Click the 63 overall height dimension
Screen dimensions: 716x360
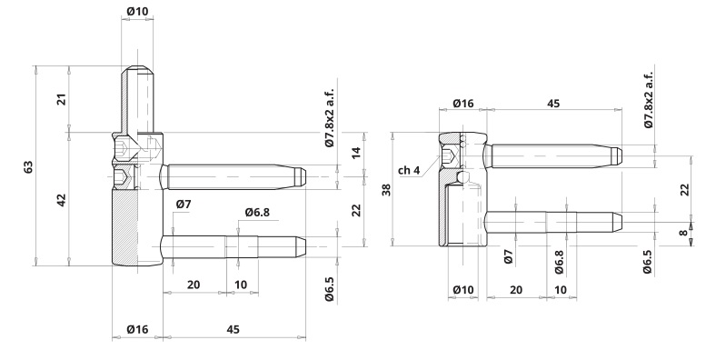click(28, 166)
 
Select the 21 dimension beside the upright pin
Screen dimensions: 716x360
click(62, 99)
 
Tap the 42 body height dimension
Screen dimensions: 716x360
click(62, 200)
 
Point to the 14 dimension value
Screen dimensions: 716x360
click(356, 152)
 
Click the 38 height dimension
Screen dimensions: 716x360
click(387, 190)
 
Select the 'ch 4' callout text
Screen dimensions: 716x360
click(409, 170)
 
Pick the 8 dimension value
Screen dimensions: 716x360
click(683, 233)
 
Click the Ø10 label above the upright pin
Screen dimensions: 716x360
click(137, 12)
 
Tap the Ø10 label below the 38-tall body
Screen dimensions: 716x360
click(463, 290)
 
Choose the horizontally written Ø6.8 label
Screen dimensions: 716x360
click(257, 212)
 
